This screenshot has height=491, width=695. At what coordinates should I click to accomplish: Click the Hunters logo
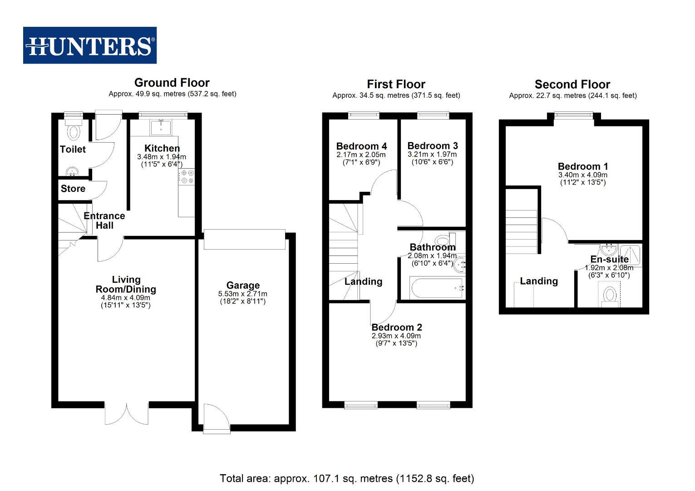[90, 45]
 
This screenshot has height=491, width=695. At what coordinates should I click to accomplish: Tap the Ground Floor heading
[172, 83]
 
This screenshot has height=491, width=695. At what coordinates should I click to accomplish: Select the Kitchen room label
[162, 148]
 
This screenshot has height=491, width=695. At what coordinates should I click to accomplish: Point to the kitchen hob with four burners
[187, 177]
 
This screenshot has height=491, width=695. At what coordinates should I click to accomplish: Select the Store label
[73, 189]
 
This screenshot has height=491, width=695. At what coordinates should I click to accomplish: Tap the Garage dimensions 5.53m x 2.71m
[242, 294]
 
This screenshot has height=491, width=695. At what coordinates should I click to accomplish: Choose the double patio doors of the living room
[127, 413]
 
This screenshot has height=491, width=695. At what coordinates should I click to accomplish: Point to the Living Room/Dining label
[126, 285]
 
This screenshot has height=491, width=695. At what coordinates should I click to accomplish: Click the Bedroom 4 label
[361, 146]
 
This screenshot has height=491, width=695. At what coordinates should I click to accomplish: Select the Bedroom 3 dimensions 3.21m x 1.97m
[432, 154]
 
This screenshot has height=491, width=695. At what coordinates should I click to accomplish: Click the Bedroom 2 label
[397, 327]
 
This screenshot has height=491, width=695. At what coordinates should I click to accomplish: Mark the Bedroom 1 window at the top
[573, 116]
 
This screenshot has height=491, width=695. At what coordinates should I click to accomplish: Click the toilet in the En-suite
[609, 296]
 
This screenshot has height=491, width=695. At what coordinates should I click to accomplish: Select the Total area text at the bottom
[347, 478]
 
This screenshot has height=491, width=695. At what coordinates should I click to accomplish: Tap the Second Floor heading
[572, 85]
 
